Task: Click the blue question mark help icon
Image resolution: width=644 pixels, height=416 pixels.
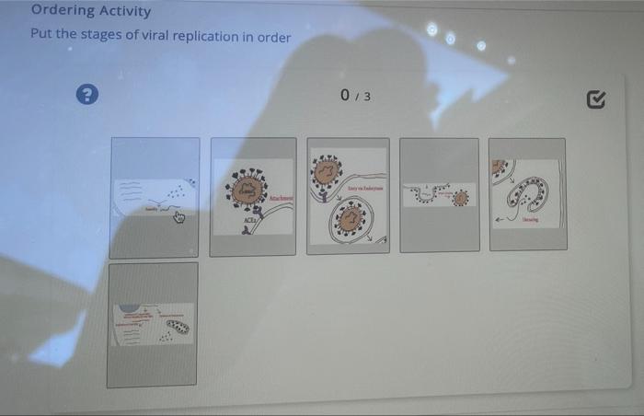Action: (88, 94)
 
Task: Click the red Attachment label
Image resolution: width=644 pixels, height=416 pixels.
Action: (279, 199)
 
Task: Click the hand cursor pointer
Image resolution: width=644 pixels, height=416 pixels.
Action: (180, 217)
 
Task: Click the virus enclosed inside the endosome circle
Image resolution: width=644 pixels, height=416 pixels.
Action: (350, 220)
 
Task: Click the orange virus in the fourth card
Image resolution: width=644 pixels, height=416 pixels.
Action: (460, 197)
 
